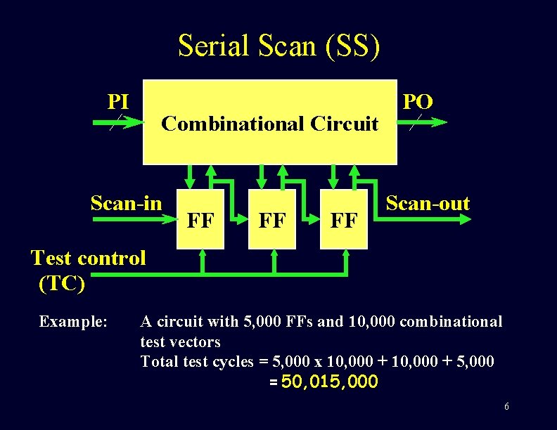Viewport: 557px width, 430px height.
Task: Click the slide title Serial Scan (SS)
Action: tap(278, 46)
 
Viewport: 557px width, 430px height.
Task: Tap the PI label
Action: tap(118, 102)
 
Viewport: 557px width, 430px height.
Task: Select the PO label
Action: tap(417, 102)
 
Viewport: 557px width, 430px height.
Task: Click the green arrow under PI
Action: tap(117, 122)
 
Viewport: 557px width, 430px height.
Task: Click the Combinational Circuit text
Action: tap(270, 124)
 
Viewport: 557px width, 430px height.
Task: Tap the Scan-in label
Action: tap(127, 203)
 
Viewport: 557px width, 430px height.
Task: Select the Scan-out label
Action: tap(428, 204)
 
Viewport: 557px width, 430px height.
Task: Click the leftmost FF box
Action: tap(200, 220)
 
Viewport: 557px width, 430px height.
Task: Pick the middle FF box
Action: tap(272, 220)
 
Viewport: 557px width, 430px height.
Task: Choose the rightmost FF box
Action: tap(344, 220)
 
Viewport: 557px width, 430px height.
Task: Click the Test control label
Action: tap(89, 258)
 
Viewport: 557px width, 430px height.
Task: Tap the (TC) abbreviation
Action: tap(62, 283)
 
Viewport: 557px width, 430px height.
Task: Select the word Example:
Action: tap(73, 322)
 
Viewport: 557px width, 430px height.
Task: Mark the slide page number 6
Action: tap(506, 408)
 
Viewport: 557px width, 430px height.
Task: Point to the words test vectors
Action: tap(181, 342)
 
